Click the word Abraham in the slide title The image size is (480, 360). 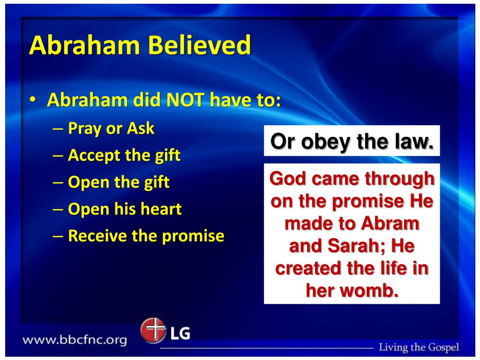click(84, 46)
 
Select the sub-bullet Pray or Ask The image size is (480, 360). click(111, 128)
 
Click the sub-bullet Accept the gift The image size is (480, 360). click(124, 155)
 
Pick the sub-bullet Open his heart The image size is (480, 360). click(125, 209)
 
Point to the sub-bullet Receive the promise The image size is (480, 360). click(146, 236)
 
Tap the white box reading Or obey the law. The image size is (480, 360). click(352, 141)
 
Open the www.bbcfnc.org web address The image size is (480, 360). click(75, 340)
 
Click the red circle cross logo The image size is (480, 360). click(153, 331)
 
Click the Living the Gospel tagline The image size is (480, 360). click(419, 347)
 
